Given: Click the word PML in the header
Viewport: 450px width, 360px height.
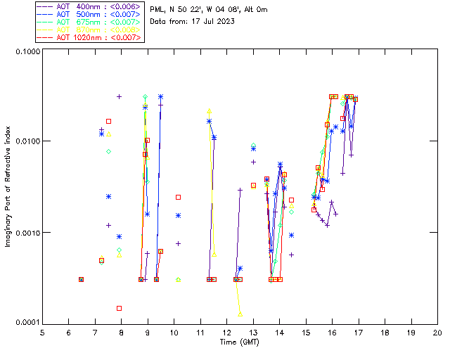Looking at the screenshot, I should (x=159, y=10).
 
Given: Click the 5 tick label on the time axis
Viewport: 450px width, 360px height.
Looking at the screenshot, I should (x=42, y=332).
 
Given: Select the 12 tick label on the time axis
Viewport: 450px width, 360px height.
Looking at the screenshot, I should (x=226, y=332).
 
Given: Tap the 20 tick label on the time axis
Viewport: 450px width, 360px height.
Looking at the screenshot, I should (x=437, y=332).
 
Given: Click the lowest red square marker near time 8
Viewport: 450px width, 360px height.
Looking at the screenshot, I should (x=120, y=308).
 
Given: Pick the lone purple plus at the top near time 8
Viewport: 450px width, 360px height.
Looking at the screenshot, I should (x=120, y=96).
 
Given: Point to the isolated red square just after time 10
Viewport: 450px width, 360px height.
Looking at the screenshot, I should (x=178, y=197).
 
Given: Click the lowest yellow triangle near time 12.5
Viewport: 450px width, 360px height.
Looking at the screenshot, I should (x=240, y=314).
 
